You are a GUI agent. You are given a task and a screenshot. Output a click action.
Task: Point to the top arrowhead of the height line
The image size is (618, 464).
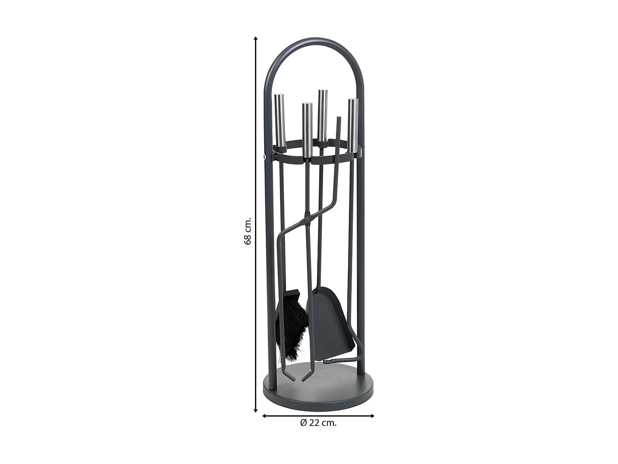click(x=255, y=38)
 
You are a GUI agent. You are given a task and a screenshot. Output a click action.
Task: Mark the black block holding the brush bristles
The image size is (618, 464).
click(x=293, y=294)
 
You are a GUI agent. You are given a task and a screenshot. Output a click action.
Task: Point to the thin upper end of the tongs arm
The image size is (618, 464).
click(x=339, y=124)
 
